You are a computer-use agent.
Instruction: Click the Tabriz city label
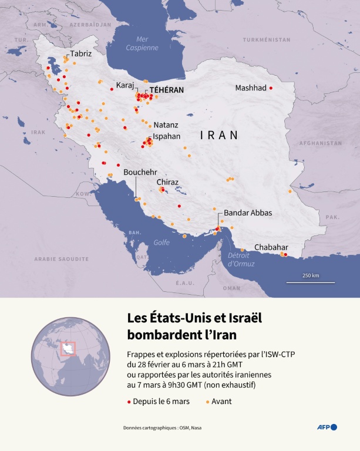pos(81,53)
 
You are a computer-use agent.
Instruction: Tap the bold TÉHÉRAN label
pos(167,90)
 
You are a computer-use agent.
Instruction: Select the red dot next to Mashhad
pos(271,88)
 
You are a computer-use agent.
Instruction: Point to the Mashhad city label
pos(251,88)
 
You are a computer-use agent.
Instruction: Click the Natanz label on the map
pos(166,125)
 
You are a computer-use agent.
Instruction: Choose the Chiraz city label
pos(167,182)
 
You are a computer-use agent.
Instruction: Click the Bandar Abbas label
pos(248,213)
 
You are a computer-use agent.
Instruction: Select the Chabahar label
pos(271,247)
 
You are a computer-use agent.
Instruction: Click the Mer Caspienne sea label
pos(143,43)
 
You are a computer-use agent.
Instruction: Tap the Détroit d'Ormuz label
pos(241,260)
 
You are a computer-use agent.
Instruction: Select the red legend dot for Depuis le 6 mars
pos(129,401)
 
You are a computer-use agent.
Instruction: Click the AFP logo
pos(327,427)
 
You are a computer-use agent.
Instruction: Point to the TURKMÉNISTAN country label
pos(268,39)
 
